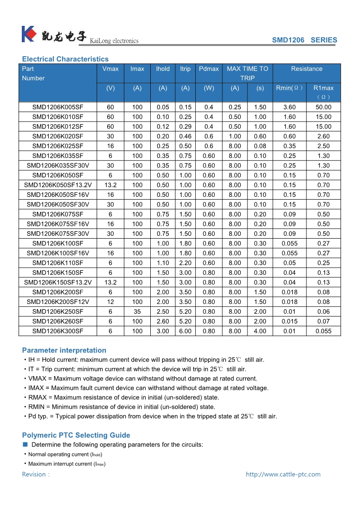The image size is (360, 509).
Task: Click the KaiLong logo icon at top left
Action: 29,34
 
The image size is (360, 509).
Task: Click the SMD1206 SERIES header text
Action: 304,40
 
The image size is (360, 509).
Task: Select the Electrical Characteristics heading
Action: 65,59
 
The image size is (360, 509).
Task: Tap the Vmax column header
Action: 110,69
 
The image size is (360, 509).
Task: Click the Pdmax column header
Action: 209,69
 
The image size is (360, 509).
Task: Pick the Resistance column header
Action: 306,69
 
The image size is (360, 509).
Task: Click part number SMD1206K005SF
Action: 58,108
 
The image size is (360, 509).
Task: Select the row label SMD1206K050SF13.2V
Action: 58,185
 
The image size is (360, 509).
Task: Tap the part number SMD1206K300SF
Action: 58,331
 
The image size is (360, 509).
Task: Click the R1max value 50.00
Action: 323,108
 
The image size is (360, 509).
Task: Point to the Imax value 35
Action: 137,312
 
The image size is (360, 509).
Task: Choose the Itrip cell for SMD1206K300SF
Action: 185,331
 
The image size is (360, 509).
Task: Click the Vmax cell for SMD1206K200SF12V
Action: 110,302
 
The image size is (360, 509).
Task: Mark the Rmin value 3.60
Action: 289,108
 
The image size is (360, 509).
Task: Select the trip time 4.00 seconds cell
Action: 260,331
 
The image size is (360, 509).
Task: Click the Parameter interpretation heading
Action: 64,350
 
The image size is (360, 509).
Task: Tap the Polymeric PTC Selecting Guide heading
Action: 76,435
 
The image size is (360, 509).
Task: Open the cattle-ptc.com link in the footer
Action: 283,475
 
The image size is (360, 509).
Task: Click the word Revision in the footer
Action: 34,475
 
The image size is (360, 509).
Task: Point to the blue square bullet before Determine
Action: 25,445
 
